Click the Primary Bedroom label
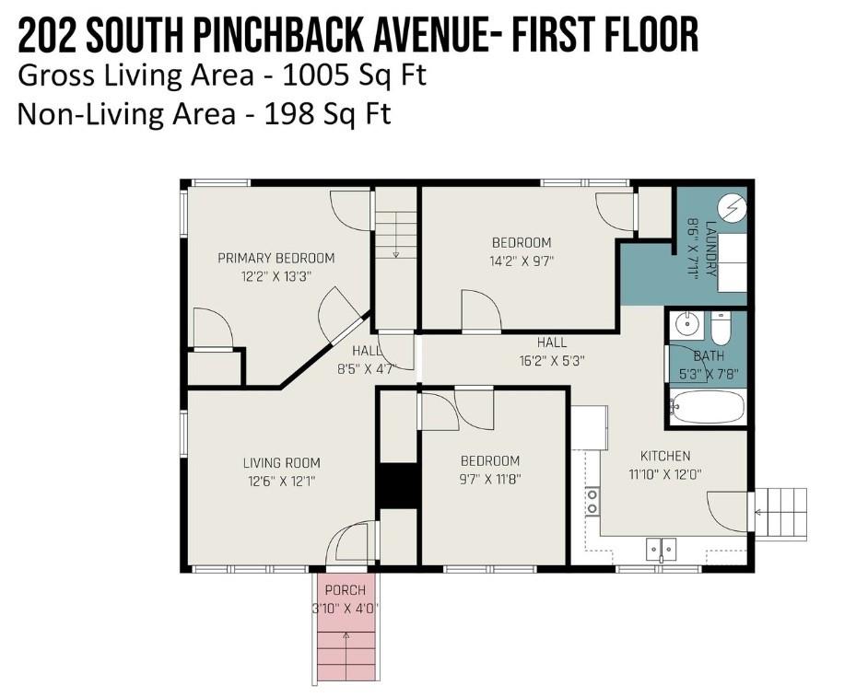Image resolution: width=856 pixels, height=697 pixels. pyautogui.click(x=276, y=258)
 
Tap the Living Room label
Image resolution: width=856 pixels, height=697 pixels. pyautogui.click(x=282, y=463)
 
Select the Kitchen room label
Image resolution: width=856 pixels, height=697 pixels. pyautogui.click(x=665, y=456)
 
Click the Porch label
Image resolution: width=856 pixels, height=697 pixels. pyautogui.click(x=345, y=590)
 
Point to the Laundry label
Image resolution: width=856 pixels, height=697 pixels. pyautogui.click(x=710, y=249)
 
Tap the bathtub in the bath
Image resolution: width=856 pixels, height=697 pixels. pyautogui.click(x=707, y=407)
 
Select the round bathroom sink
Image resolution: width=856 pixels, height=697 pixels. pyautogui.click(x=686, y=325)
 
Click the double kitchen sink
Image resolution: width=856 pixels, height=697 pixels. pyautogui.click(x=661, y=548)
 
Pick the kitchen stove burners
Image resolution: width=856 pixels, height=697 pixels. pyautogui.click(x=592, y=502)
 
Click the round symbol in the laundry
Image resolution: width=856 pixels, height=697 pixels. pyautogui.click(x=732, y=209)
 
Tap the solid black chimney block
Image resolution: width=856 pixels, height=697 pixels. pyautogui.click(x=399, y=486)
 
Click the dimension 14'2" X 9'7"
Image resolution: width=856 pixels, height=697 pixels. pyautogui.click(x=522, y=261)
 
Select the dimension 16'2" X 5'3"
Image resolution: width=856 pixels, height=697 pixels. pyautogui.click(x=552, y=361)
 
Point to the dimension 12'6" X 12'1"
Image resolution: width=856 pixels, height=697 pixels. pyautogui.click(x=282, y=482)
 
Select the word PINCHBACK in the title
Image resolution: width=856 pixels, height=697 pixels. pyautogui.click(x=278, y=36)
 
